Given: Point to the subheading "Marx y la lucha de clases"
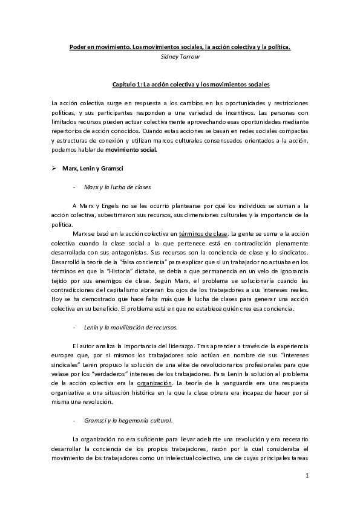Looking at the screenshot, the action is click(119, 187).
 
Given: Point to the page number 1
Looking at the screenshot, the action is click(307, 476).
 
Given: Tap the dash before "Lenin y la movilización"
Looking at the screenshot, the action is click(74, 327).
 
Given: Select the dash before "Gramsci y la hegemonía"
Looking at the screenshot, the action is click(74, 419).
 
